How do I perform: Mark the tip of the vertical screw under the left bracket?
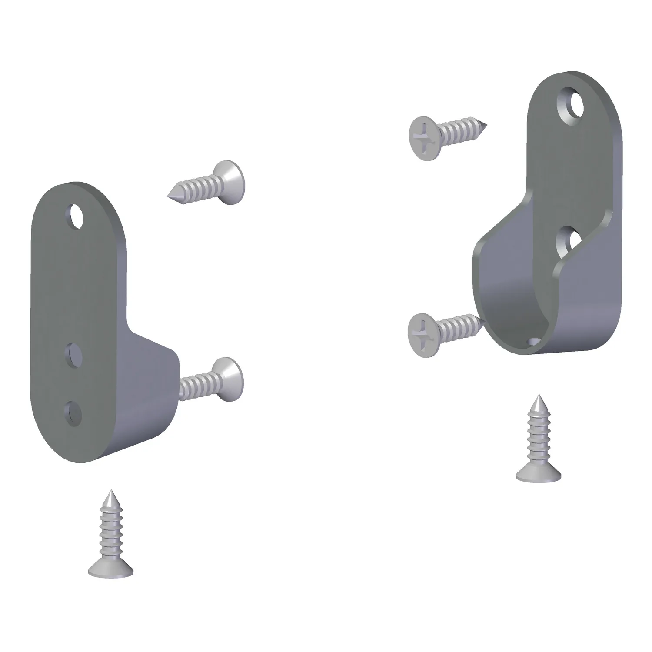pos(110,493)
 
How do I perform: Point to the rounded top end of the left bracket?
pos(70,191)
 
